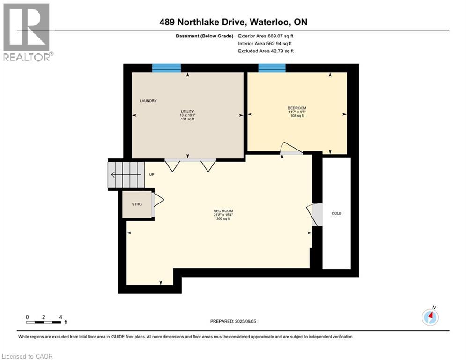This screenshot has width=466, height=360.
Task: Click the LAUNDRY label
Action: click(148, 101)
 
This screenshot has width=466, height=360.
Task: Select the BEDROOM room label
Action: click(297, 108)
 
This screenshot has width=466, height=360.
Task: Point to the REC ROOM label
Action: click(223, 210)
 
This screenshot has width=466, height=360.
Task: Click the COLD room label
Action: click(336, 213)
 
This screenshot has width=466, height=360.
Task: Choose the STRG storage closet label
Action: click(137, 204)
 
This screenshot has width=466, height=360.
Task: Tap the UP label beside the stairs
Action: click(151, 175)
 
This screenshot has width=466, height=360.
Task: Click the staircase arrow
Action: click(126, 175)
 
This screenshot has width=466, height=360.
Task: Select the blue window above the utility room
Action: click(166, 68)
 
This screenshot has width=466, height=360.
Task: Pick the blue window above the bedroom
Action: click(272, 68)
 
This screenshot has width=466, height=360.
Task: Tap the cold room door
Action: click(315, 215)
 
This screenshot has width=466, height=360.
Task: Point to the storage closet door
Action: click(157, 202)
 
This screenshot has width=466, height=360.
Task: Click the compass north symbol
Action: click(429, 317)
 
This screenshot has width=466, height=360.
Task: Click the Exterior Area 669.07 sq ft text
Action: click(266, 36)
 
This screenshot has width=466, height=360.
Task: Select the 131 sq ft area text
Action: click(187, 119)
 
